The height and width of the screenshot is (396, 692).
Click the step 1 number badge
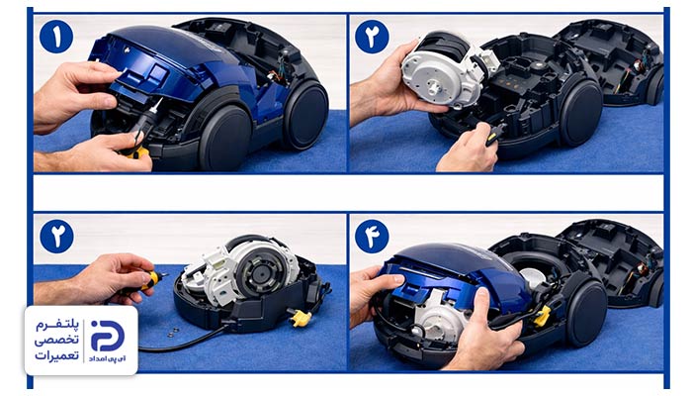tap(56, 37)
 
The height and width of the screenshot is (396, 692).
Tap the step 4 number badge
tap(372, 237)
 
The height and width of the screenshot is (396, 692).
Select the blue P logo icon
tap(107, 336)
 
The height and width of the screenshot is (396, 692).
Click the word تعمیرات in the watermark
tap(56, 355)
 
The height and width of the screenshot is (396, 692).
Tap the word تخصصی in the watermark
tap(56, 341)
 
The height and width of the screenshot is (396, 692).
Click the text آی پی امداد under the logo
tap(107, 358)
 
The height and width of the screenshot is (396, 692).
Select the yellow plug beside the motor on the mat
tap(301, 318)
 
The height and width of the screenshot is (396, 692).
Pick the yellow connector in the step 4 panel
tap(542, 316)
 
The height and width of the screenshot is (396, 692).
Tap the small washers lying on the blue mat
tap(172, 332)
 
